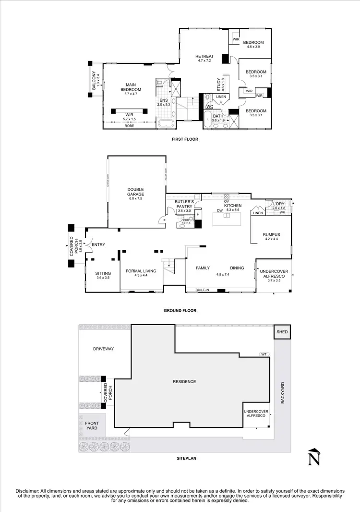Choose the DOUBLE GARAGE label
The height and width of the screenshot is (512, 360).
[135, 192]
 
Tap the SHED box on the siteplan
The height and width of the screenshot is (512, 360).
[282, 332]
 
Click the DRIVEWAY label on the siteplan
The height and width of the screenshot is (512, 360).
[104, 349]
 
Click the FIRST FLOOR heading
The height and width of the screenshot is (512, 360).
[184, 139]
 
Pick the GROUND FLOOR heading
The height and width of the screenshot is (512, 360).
[180, 311]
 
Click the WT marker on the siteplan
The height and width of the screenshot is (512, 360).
[264, 354]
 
